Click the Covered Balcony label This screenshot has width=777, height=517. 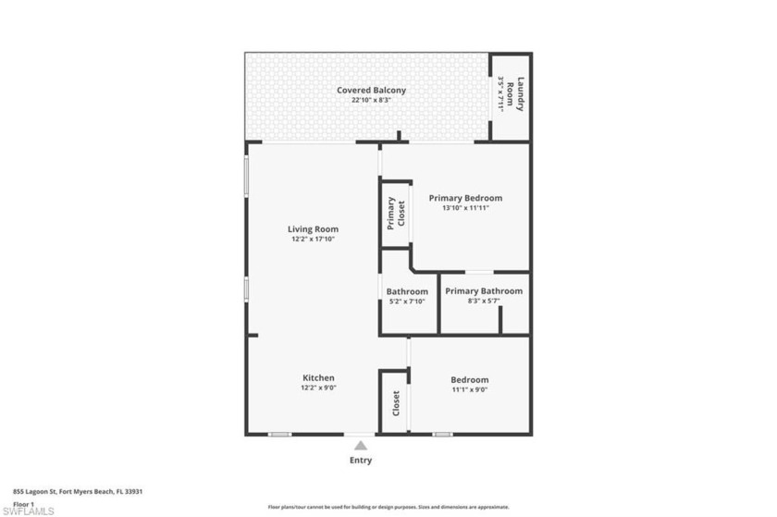371,90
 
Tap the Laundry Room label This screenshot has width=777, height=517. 521,93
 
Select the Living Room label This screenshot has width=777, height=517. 312,229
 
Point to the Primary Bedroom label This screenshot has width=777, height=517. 465,198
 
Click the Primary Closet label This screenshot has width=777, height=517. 391,214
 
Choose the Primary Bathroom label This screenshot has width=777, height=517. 483,291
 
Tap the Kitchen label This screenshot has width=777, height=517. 318,377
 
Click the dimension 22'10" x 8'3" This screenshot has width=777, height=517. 370,100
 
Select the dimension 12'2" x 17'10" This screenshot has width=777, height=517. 312,240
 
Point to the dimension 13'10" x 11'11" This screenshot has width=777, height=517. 465,208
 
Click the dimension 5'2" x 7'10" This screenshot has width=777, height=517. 407,302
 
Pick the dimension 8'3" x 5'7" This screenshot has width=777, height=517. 483,302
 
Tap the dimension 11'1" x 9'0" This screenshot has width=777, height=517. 469,390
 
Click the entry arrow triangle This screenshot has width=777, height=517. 361,445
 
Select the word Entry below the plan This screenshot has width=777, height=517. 361,460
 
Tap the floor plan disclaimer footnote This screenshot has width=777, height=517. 388,507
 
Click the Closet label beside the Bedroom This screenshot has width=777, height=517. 396,402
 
